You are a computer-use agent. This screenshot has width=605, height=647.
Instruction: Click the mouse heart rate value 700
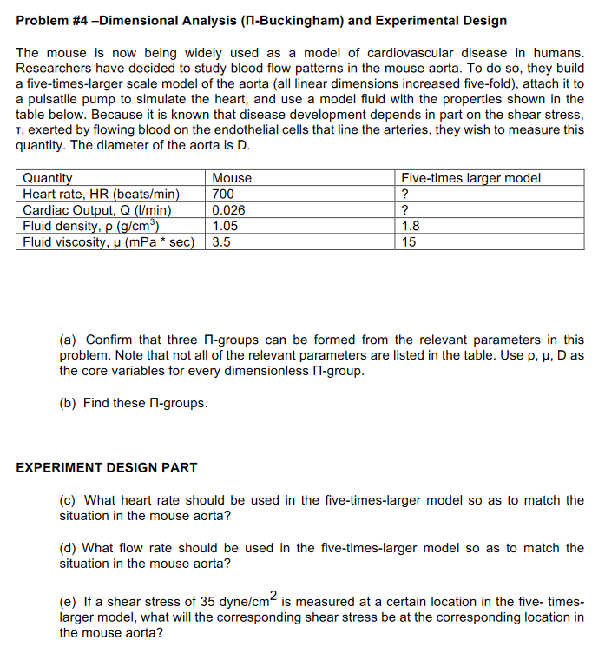[x=223, y=194]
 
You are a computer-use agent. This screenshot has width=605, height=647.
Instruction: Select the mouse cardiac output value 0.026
[x=229, y=210]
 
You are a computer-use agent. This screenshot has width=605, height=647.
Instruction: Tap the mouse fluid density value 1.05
[x=226, y=226]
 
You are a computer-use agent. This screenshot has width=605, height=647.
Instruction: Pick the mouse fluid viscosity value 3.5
[x=221, y=242]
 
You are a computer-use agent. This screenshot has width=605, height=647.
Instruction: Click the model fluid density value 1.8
[x=410, y=226]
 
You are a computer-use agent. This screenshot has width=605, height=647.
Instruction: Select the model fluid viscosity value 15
[x=408, y=242]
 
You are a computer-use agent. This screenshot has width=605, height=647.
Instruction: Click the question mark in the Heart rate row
[x=404, y=194]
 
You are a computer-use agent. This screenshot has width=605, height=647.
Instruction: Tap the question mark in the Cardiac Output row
[x=404, y=210]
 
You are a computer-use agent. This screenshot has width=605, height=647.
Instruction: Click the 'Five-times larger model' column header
[x=470, y=178]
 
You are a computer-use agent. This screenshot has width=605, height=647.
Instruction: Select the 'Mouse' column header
[x=232, y=178]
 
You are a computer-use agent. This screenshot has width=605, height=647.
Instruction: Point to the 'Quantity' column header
[x=48, y=178]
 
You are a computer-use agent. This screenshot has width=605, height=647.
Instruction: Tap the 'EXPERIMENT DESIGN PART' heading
[x=107, y=467]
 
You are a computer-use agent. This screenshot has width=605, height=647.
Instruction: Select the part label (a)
[x=69, y=340]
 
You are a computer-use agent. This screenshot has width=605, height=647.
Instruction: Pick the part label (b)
[x=69, y=403]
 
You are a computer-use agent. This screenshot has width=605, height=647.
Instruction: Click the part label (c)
[x=68, y=500]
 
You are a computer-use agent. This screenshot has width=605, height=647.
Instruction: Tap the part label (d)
[x=69, y=548]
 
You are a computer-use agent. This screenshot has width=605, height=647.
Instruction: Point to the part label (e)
[x=69, y=602]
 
